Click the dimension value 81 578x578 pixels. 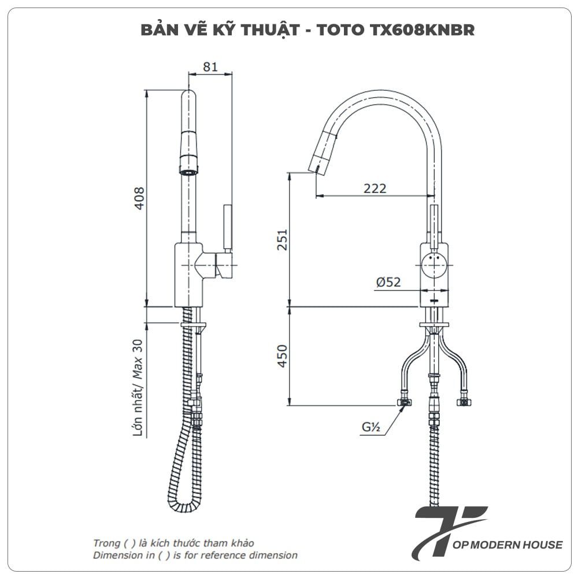[210, 66]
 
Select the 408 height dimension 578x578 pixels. [139, 198]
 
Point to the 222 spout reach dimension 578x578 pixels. [375, 188]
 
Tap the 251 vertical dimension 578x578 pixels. [282, 240]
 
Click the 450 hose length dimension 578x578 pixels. [282, 355]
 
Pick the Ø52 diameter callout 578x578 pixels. [388, 282]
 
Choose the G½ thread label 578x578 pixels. [371, 427]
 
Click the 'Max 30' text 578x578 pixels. [138, 360]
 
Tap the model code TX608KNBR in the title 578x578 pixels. [421, 30]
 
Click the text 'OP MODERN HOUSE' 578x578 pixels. [507, 544]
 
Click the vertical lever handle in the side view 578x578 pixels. [227, 228]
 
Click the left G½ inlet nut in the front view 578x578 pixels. [405, 402]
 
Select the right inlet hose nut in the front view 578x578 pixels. [464, 402]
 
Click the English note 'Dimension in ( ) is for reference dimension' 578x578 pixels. [195, 555]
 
